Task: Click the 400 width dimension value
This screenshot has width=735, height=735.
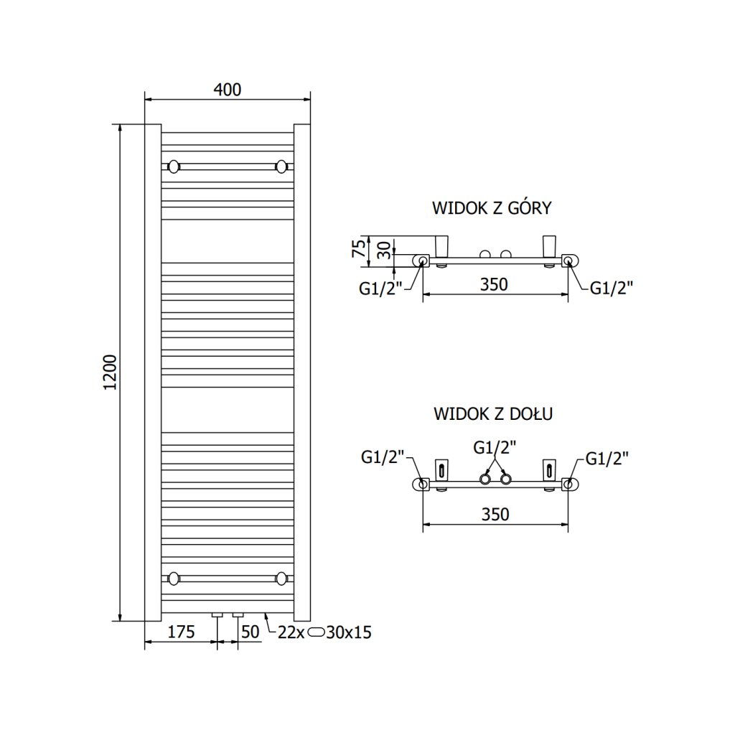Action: [x=227, y=90]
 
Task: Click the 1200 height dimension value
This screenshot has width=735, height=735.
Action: [x=110, y=373]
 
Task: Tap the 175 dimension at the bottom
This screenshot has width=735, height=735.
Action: [x=181, y=632]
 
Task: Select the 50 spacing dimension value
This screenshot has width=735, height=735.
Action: [x=250, y=632]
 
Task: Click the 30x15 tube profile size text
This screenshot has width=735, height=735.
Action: [x=348, y=632]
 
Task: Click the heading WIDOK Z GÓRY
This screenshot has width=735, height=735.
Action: [x=492, y=208]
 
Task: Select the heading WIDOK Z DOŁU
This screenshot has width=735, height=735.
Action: [x=493, y=414]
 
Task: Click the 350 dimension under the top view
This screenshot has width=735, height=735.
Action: [x=494, y=284]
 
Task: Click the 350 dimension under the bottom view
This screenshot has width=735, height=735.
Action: [x=495, y=515]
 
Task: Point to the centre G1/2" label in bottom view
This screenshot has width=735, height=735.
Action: [x=495, y=448]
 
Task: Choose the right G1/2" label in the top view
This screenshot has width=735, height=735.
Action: [x=612, y=288]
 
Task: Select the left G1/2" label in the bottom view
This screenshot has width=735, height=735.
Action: [x=384, y=457]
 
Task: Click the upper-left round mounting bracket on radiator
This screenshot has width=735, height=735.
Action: [x=173, y=167]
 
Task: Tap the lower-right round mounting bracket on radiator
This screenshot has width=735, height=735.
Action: [x=281, y=577]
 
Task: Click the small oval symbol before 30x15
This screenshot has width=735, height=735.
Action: [x=317, y=632]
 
